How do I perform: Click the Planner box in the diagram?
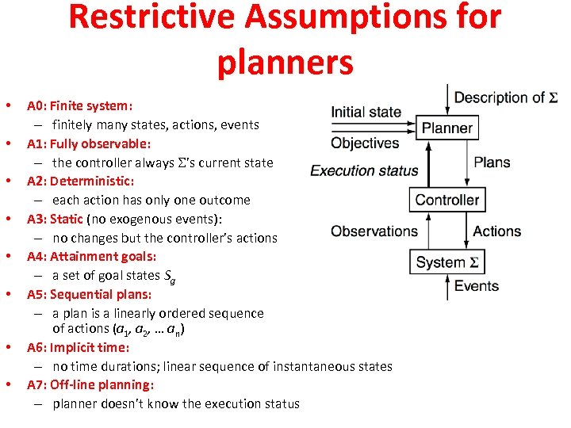446,128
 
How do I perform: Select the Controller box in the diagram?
447,200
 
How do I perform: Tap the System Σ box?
446,262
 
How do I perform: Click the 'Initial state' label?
366,112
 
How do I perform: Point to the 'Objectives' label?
365,143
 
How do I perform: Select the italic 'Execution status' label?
364,170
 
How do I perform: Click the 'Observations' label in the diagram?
374,231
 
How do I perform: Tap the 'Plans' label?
492,162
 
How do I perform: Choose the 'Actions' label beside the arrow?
496,231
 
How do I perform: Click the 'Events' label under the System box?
476,286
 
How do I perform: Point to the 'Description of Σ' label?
505,97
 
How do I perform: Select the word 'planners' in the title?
285,63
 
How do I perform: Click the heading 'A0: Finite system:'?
79,105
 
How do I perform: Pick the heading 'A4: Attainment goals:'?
91,256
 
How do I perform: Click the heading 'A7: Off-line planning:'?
90,384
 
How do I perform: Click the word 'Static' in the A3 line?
67,219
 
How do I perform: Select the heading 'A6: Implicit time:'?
78,347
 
